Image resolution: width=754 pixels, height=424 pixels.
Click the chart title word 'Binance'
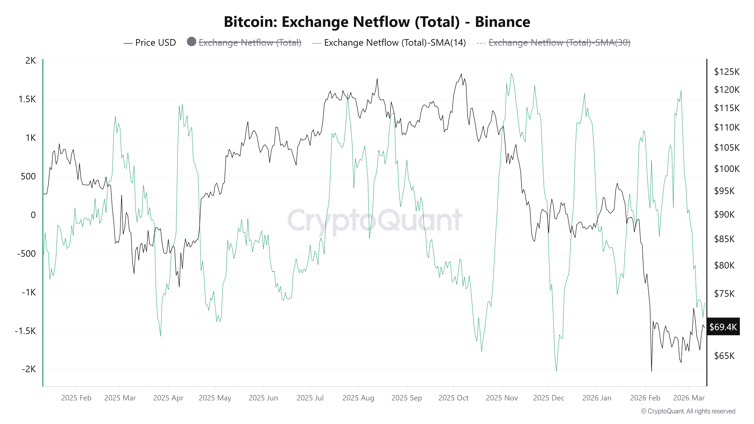point(502,22)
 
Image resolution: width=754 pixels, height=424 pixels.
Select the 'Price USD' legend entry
point(155,43)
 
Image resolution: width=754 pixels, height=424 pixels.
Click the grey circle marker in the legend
point(191,41)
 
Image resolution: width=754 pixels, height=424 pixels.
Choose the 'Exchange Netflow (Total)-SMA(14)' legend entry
point(395,43)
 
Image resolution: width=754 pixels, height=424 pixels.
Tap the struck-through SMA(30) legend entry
point(559,43)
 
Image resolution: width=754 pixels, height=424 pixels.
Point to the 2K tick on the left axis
point(30,61)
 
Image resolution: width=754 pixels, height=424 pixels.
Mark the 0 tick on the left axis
point(33,215)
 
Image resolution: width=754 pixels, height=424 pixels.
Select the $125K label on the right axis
point(726,72)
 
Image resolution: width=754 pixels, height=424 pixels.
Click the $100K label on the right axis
point(726,169)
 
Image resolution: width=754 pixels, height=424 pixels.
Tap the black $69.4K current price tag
point(723,327)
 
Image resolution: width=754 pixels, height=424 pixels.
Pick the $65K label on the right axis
point(724,356)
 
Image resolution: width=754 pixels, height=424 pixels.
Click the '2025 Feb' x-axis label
point(76,398)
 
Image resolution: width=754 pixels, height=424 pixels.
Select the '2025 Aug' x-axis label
point(358,398)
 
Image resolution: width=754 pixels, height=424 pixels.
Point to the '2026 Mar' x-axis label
point(689,398)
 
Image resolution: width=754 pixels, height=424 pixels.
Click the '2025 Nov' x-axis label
point(502,398)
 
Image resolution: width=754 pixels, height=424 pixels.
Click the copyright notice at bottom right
point(688,411)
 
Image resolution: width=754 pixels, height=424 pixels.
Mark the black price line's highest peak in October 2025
point(461,74)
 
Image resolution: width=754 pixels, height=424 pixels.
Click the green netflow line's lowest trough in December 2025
point(556,371)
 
